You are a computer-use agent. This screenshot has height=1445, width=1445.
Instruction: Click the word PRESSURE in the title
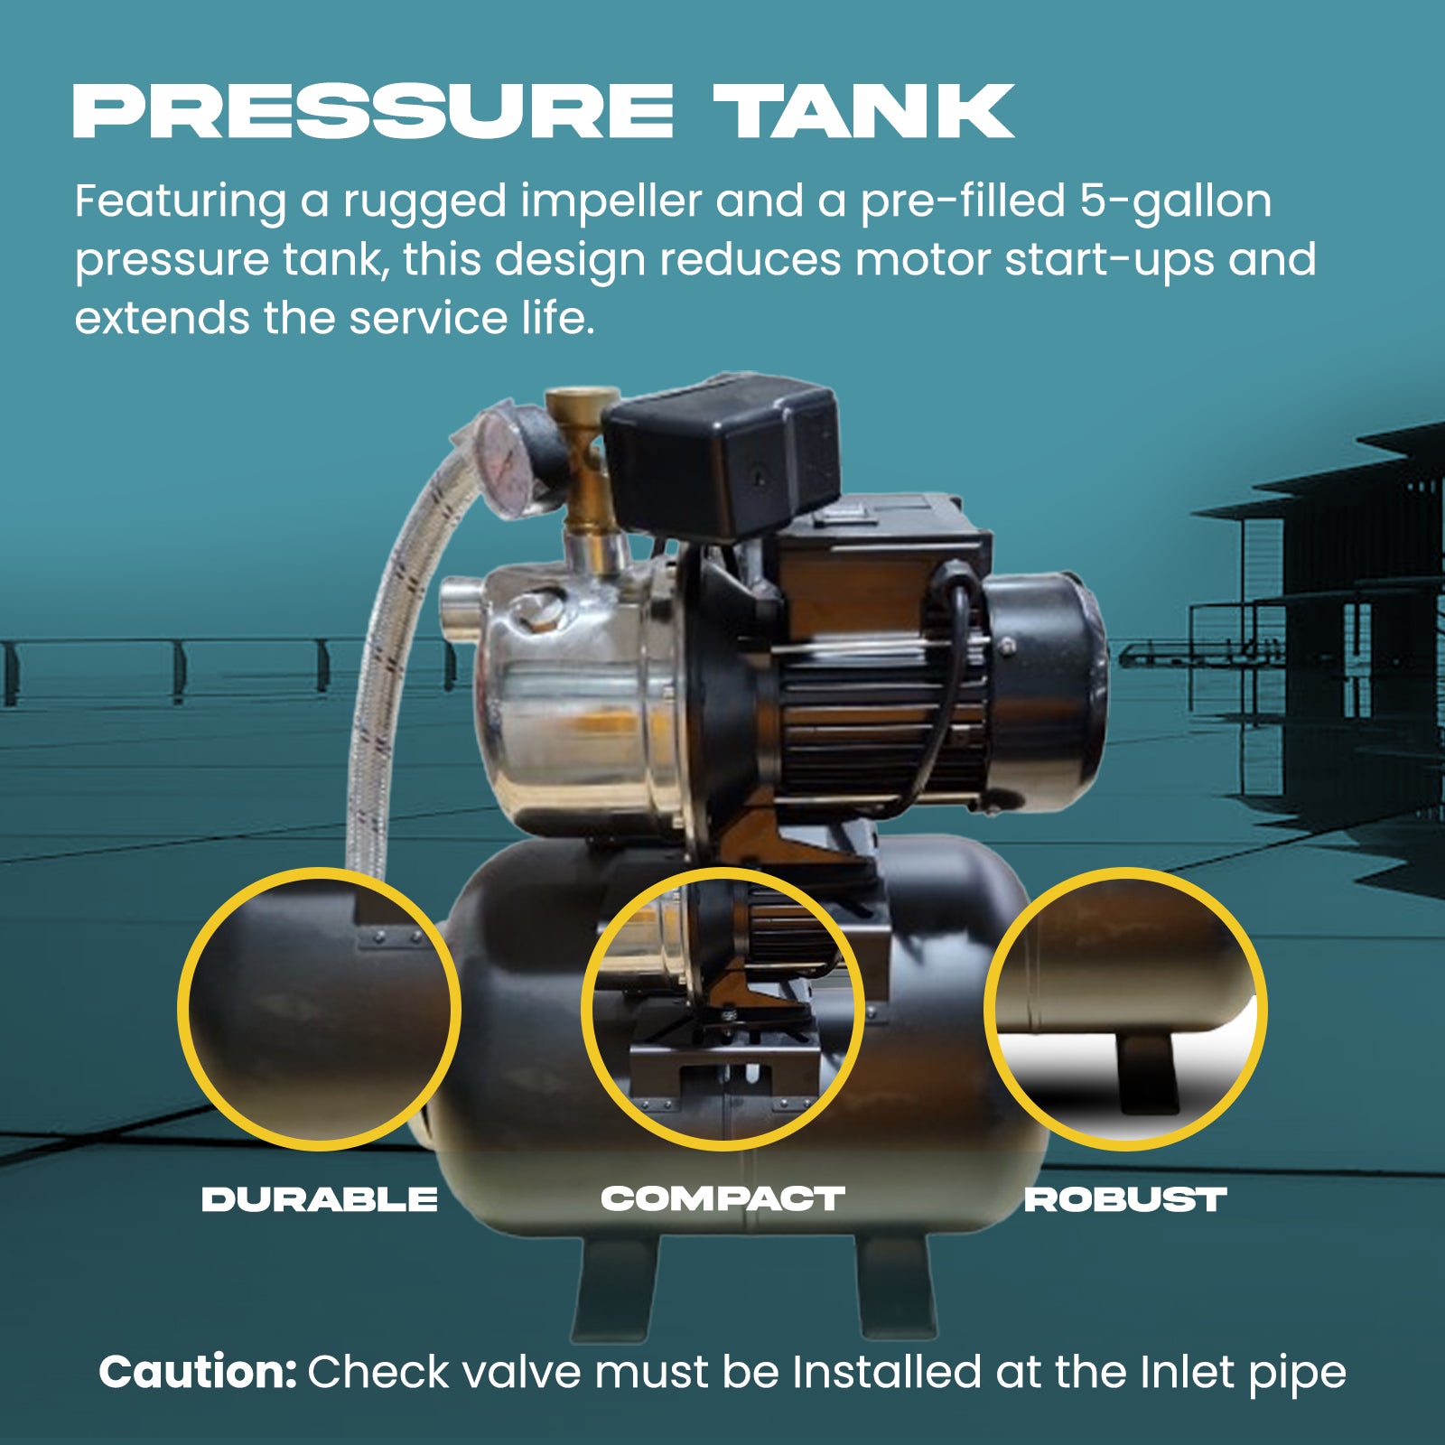click(372, 112)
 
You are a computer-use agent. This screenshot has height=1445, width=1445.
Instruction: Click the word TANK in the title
click(863, 112)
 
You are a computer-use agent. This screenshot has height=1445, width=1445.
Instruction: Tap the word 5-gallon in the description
click(1175, 200)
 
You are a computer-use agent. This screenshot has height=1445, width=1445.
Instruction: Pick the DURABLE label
click(319, 1199)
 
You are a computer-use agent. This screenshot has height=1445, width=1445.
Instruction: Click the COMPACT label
click(722, 1198)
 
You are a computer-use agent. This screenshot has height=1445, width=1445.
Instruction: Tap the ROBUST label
click(1124, 1199)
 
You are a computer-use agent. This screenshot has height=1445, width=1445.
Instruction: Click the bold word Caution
click(197, 1372)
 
